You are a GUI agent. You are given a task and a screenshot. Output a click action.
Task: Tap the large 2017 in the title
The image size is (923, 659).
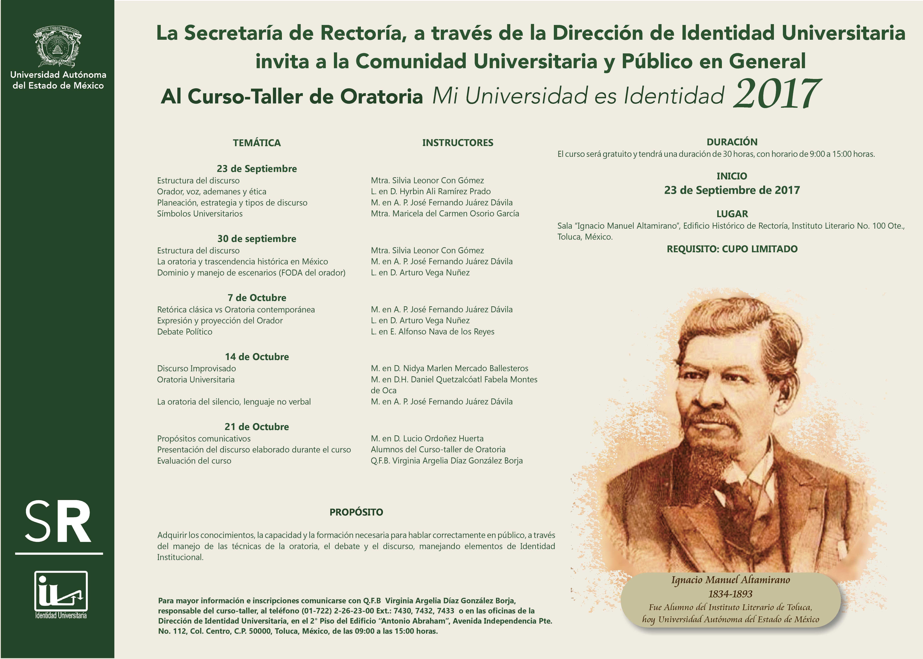pos(777,95)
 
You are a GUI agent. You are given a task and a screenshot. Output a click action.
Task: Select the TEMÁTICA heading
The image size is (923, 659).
pos(257,143)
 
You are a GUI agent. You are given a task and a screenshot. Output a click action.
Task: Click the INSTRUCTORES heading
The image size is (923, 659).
pos(457,143)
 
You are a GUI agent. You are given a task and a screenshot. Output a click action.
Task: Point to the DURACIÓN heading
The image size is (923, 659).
pos(732,142)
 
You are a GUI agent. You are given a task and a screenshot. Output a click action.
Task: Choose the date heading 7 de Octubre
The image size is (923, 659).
pos(257,298)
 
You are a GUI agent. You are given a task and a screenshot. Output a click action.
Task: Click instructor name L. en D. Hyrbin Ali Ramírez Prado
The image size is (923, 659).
pos(431,192)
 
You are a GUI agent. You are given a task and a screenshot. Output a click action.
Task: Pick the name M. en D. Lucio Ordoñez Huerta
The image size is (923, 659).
pos(427,439)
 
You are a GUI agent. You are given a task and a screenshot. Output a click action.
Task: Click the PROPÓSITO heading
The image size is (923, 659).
pos(356,512)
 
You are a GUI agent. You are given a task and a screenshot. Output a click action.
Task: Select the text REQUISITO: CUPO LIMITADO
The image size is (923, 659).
pos(732,249)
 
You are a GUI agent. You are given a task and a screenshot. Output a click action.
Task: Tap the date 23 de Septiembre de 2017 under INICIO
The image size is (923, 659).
pos(732,190)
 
